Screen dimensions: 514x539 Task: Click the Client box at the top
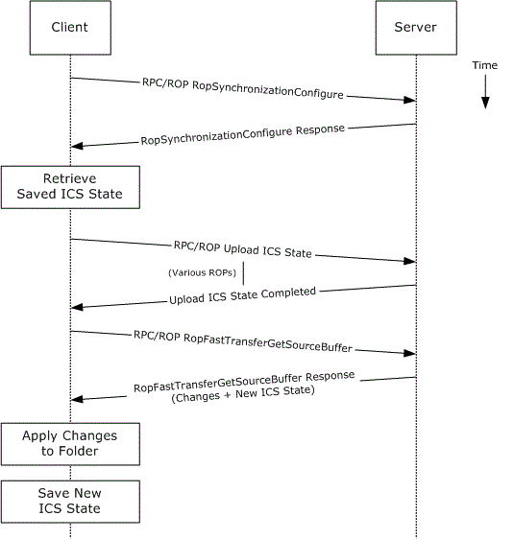click(70, 28)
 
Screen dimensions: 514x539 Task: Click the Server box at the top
click(416, 28)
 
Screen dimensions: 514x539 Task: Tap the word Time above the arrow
click(485, 65)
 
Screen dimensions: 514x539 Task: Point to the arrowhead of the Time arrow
click(485, 103)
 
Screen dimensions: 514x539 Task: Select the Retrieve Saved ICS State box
click(70, 187)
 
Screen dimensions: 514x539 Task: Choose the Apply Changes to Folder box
click(70, 444)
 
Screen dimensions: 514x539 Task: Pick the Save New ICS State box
click(70, 502)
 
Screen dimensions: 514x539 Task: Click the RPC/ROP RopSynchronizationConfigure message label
click(243, 89)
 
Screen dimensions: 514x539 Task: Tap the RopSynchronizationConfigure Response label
click(243, 134)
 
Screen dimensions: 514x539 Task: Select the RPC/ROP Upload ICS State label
click(243, 249)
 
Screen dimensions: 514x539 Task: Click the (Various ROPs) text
click(202, 272)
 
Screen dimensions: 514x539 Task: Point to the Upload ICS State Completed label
click(243, 295)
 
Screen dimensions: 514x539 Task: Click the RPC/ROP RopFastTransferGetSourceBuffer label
click(243, 341)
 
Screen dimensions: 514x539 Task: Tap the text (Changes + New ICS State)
click(243, 393)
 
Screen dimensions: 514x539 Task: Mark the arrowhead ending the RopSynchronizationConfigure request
click(409, 100)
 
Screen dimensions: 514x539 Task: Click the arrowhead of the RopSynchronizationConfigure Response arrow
click(77, 146)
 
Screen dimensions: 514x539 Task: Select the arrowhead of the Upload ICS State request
click(409, 261)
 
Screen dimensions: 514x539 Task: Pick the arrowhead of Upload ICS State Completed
click(77, 307)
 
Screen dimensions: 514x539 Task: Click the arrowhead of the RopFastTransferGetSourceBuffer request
click(409, 353)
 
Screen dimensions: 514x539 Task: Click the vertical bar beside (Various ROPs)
click(243, 273)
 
